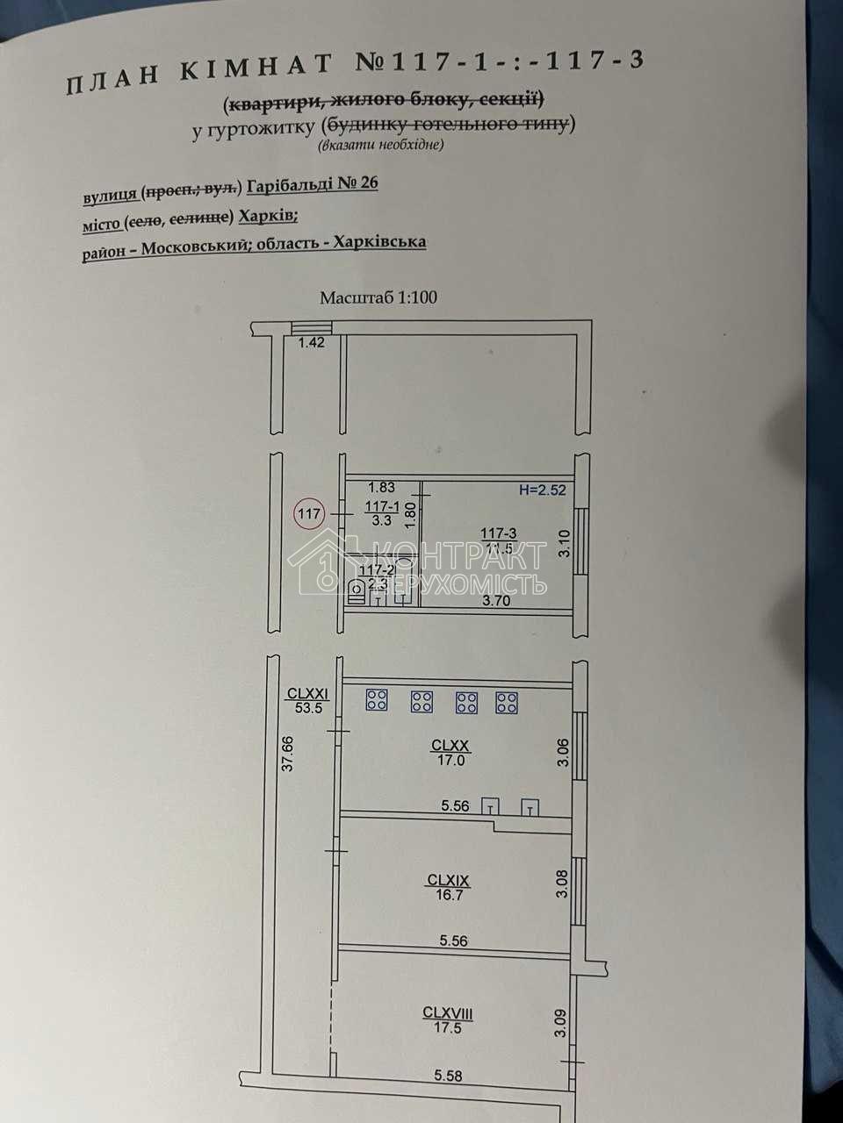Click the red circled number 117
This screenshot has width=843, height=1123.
pos(309,513)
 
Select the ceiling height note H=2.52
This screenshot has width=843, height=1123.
pos(542,490)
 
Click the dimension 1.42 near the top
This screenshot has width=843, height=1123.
pos(312,343)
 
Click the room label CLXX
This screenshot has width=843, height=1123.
pos(450,746)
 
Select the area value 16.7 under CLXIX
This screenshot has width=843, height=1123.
pos(449,895)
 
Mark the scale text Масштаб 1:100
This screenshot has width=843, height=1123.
pos(378,297)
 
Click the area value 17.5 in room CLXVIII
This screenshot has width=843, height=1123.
pos(448,1028)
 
